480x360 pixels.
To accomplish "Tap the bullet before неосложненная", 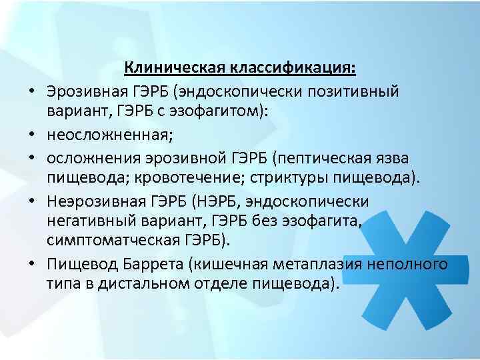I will (x=32, y=135).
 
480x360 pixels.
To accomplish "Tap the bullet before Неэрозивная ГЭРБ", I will (x=32, y=201).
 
